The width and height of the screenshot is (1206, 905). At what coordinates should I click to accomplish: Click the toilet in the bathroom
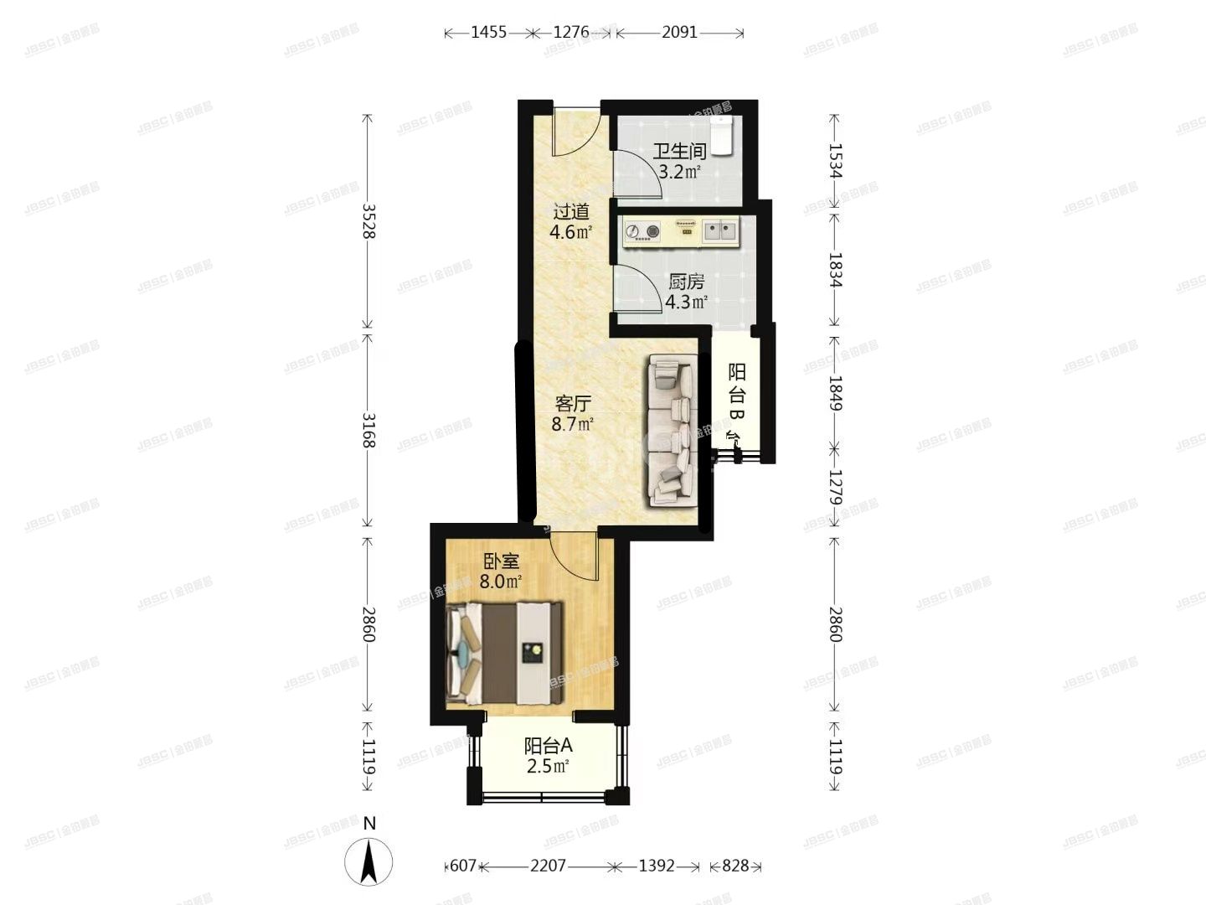[x=721, y=134]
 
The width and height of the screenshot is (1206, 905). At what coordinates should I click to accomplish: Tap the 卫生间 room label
[x=679, y=152]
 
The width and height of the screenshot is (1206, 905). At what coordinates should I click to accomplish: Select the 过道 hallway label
[x=570, y=212]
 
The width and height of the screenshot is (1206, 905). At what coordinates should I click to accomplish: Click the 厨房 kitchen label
[x=686, y=282]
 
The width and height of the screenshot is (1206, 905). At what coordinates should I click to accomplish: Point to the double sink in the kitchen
[x=719, y=230]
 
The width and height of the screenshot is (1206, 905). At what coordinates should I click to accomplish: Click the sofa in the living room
[x=672, y=431]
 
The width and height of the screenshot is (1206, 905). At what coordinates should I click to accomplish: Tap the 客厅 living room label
[x=573, y=404]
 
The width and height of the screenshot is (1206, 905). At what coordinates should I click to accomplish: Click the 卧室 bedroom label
[x=501, y=561]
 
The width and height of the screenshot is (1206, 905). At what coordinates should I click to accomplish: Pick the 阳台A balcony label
[x=549, y=745]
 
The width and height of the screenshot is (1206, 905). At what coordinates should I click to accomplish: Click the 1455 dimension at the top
[x=488, y=33]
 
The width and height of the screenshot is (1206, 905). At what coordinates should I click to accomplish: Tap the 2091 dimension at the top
[x=679, y=33]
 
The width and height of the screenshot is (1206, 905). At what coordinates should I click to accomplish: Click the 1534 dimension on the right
[x=834, y=161]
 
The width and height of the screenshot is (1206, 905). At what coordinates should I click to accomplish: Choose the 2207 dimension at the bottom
[x=548, y=866]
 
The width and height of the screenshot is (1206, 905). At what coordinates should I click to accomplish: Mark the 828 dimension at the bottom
[x=734, y=866]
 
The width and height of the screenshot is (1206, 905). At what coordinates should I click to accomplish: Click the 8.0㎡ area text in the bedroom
[x=501, y=582]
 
